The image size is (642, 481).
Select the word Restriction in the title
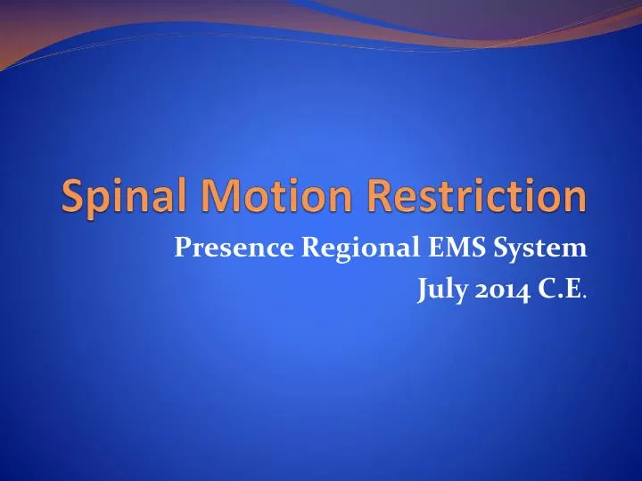click(473, 196)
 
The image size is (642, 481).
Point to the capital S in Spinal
click(72, 196)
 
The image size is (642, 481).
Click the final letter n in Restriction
click(576, 198)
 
